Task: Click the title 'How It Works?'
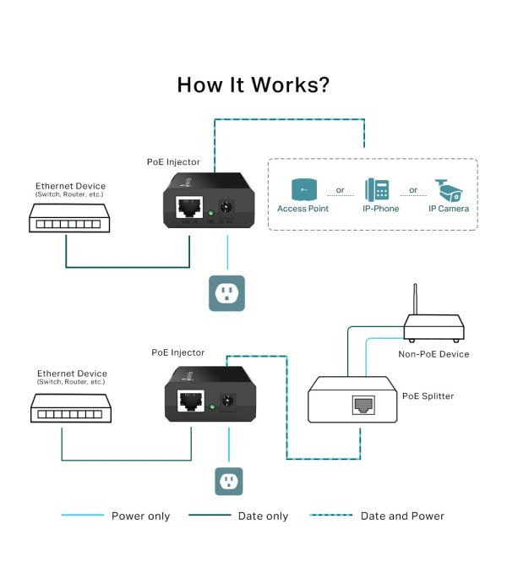point(253,85)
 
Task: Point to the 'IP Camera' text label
point(448,208)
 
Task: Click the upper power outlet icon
point(226,293)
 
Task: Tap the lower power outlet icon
point(226,481)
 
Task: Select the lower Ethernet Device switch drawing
point(66,410)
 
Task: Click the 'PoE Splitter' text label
point(428,396)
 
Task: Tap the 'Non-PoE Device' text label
point(433,354)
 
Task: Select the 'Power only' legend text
point(140,516)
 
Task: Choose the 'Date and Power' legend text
point(402,516)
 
